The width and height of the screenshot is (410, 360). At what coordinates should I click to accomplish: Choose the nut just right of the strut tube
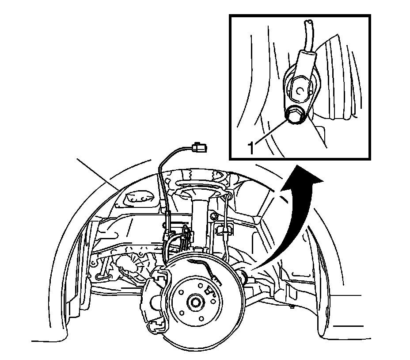pyautogui.click(x=214, y=216)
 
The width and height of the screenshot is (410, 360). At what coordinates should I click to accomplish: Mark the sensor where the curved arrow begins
pyautogui.click(x=243, y=276)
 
